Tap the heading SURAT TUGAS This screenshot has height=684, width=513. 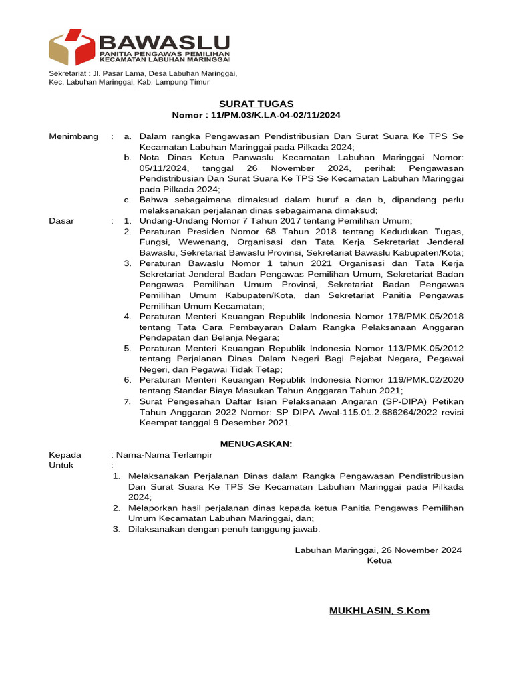(256, 104)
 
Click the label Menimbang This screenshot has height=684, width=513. (69, 136)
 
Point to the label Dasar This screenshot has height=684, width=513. (62, 220)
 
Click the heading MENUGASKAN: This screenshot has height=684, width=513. (256, 444)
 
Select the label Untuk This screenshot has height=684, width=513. (62, 465)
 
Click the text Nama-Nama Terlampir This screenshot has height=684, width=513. (164, 455)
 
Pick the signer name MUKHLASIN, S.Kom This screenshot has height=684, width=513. (379, 611)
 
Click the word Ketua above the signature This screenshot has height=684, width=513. (379, 560)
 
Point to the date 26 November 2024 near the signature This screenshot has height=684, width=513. (420, 550)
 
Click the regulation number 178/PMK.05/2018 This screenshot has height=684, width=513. (418, 316)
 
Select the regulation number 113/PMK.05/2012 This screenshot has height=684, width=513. (418, 348)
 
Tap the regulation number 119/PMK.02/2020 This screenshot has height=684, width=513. (418, 380)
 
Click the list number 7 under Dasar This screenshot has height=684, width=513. (127, 401)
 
